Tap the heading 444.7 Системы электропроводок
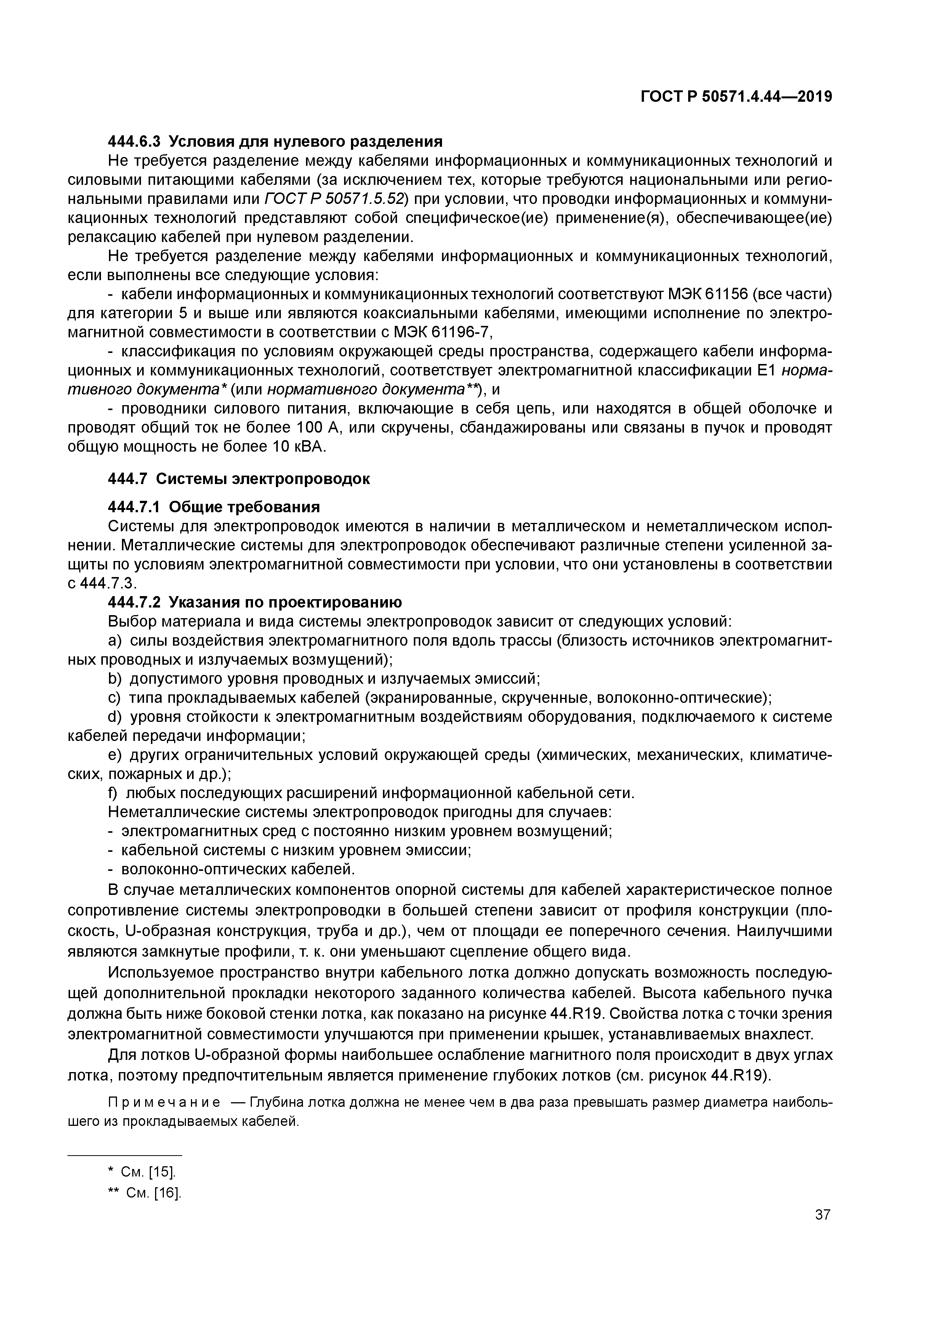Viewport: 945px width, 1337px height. (239, 479)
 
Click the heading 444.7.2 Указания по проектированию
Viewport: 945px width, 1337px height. (255, 602)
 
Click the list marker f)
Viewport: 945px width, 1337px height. (114, 793)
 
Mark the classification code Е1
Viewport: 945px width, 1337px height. (767, 371)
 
